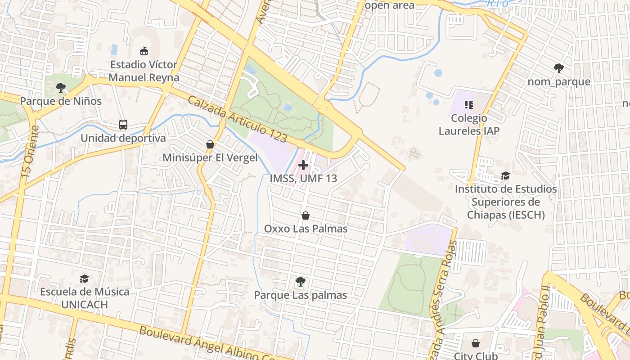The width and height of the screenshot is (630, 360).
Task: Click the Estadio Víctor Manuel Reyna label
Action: click(x=144, y=71)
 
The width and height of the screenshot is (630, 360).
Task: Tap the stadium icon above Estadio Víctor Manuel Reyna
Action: click(x=144, y=51)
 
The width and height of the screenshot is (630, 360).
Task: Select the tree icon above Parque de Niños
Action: click(x=61, y=88)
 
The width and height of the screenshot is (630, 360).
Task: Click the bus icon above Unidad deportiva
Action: click(x=123, y=125)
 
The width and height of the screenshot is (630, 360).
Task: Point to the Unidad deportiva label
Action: click(x=123, y=138)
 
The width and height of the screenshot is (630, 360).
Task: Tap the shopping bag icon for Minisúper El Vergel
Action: click(x=210, y=144)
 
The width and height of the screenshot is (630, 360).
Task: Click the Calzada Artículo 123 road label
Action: click(x=237, y=119)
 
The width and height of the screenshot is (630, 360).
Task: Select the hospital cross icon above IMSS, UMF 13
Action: click(x=303, y=165)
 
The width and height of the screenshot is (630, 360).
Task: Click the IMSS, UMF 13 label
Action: click(x=303, y=178)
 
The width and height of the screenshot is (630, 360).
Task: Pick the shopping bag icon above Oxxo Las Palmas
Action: click(x=306, y=216)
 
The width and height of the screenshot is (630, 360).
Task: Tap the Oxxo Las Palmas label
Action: click(x=306, y=229)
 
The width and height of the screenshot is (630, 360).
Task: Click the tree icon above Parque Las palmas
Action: click(x=300, y=282)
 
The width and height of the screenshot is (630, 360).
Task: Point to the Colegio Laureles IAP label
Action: click(x=469, y=125)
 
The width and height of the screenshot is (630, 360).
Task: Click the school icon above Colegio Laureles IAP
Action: click(x=469, y=105)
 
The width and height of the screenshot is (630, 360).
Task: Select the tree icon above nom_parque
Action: click(x=559, y=68)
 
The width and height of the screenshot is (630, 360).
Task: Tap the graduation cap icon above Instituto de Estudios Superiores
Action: click(x=506, y=175)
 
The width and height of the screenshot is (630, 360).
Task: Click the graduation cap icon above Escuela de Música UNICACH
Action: click(x=84, y=279)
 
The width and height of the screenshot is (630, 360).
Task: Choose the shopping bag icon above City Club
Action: click(x=476, y=344)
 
